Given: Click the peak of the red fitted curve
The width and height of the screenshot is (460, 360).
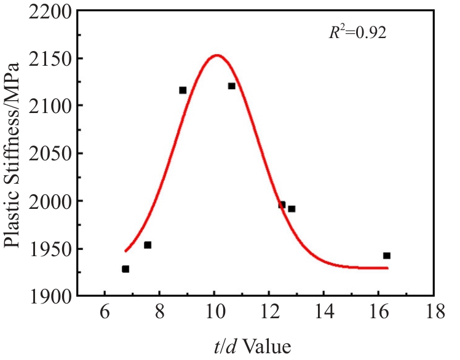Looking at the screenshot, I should tap(216, 55).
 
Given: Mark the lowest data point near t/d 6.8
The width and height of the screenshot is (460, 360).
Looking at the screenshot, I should tap(125, 268).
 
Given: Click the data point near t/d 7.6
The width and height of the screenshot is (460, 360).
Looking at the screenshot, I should tap(148, 245).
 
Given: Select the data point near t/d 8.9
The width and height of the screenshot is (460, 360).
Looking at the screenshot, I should tap(183, 90).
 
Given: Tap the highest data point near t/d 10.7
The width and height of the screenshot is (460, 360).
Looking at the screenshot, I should tap(231, 86).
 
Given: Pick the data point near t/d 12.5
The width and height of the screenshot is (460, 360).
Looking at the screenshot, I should tap(282, 205).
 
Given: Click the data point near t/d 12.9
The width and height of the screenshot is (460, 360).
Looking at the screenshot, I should tap(291, 209).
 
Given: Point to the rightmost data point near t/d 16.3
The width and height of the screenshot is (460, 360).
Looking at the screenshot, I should tap(386, 256).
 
